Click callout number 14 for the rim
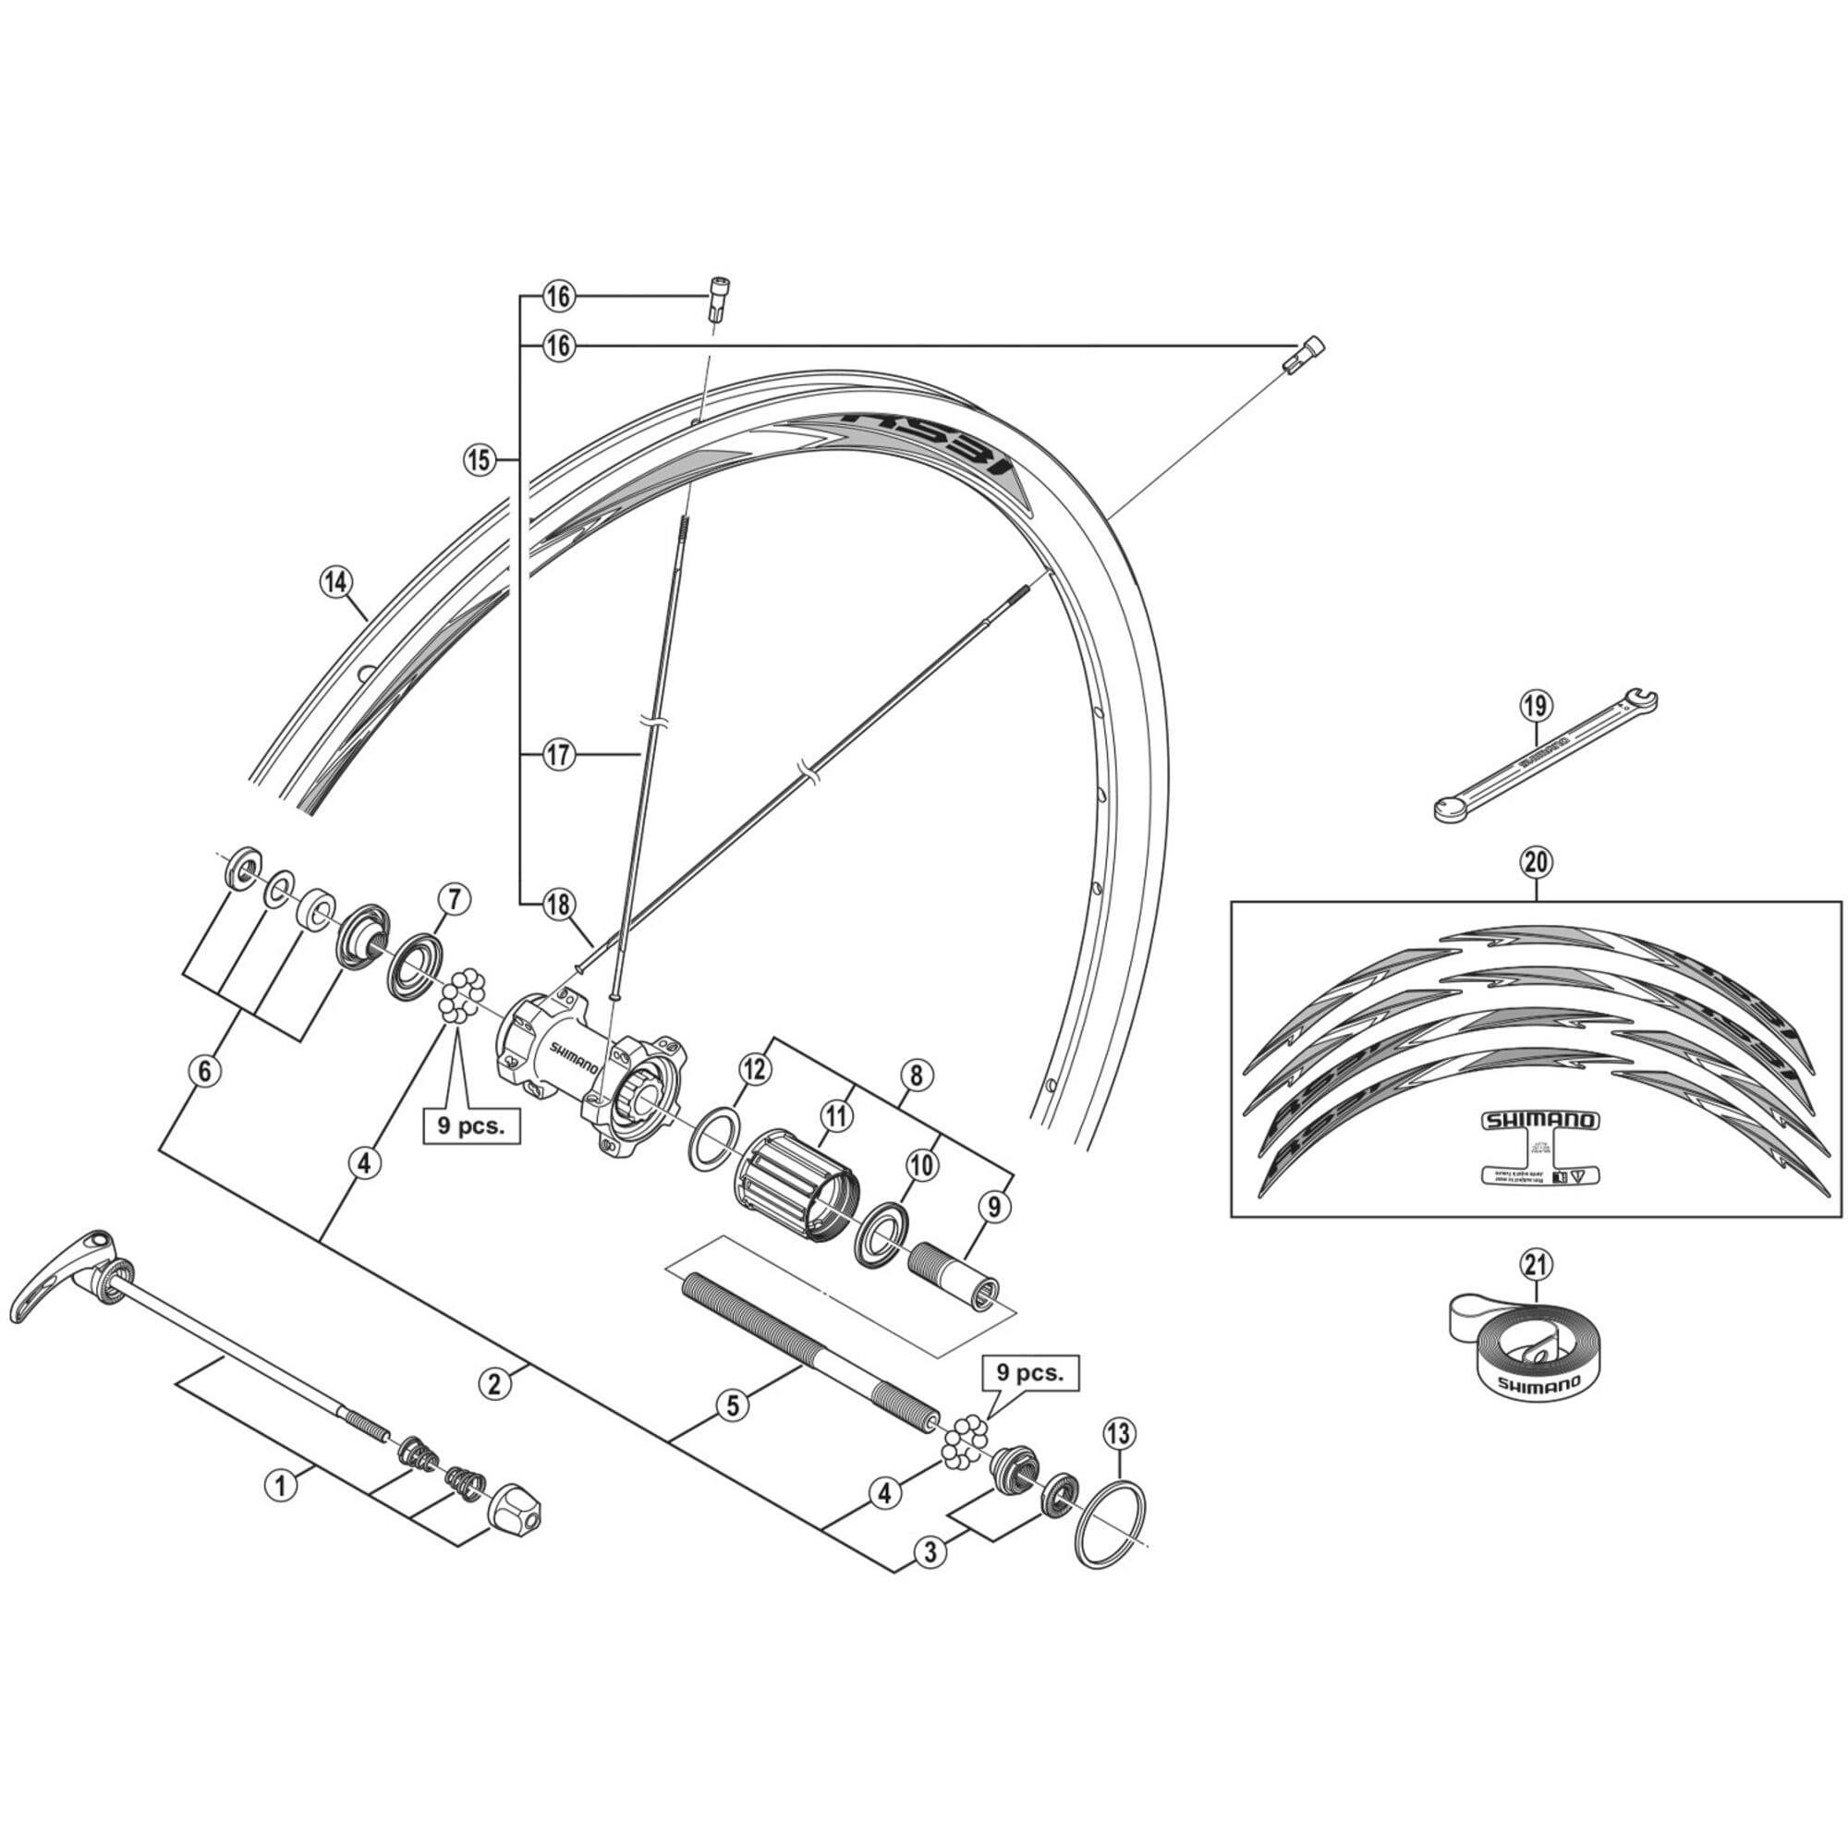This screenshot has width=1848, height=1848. (x=335, y=582)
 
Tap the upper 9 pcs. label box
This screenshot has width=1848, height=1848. (x=470, y=1125)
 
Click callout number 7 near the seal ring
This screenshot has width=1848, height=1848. (x=454, y=899)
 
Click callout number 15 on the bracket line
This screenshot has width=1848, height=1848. (x=480, y=460)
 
